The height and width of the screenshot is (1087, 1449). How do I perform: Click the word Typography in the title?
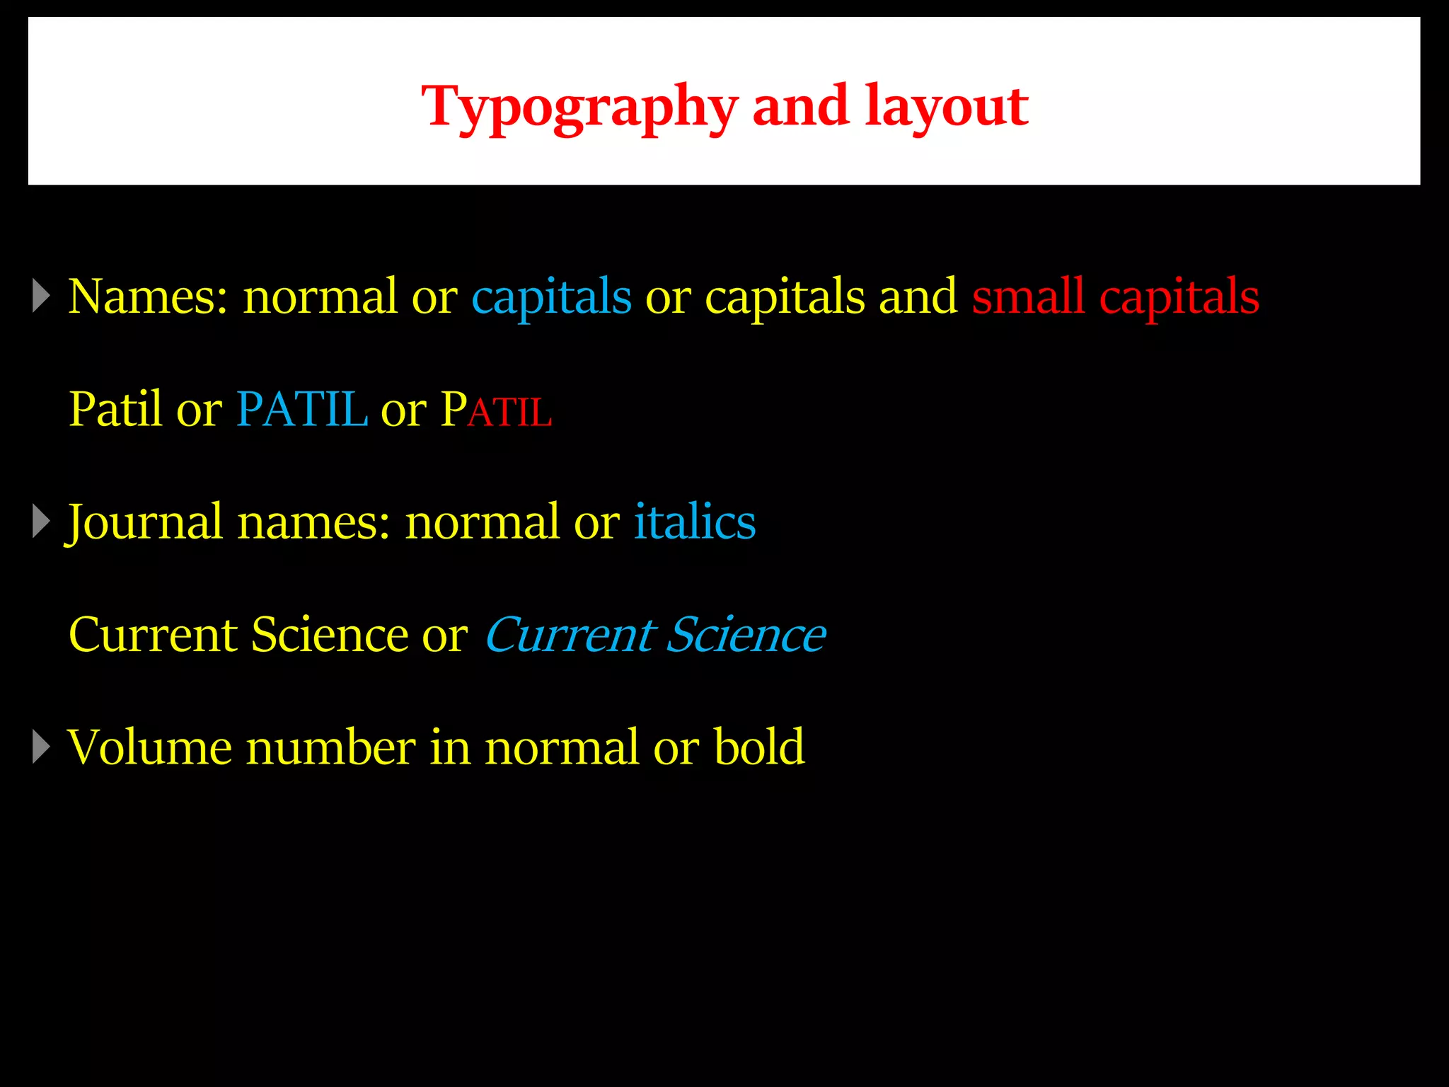579,108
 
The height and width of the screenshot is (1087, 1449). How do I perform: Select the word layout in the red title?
946,108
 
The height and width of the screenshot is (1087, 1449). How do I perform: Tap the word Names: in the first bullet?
148,297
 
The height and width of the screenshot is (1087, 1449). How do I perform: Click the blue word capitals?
551,297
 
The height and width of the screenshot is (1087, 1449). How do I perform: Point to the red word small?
1028,297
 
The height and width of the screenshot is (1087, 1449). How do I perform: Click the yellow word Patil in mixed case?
115,410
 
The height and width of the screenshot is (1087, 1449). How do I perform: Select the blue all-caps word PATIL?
301,410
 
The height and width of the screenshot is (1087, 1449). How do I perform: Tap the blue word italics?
694,522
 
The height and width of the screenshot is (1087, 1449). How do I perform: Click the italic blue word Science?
746,635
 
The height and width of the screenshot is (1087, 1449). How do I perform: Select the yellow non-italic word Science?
329,635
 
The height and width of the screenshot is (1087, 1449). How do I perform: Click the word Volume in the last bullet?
149,747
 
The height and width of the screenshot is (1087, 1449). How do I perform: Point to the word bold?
759,747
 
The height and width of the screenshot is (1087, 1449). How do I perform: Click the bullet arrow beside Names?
42,296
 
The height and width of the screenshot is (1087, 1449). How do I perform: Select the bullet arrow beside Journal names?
42,522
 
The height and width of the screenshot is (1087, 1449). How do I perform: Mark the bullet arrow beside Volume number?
42,747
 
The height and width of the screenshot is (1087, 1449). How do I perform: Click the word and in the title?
800,108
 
